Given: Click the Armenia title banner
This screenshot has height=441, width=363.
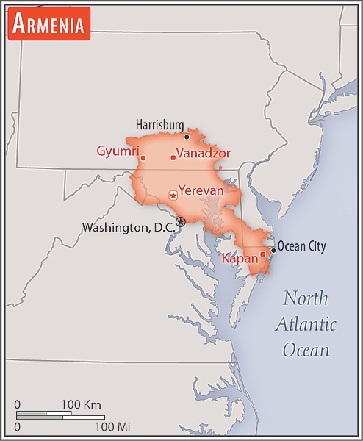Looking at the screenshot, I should point(48,24).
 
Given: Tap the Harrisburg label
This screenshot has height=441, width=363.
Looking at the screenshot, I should point(159,125).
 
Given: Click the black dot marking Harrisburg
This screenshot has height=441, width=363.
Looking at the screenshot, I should point(187,136).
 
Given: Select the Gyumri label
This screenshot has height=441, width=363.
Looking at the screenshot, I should point(118,151).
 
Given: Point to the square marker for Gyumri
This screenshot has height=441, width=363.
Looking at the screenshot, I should point(143,158).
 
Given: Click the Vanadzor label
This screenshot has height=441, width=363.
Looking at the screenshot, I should point(204,154).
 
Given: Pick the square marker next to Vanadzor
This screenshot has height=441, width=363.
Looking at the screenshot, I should point(173,157).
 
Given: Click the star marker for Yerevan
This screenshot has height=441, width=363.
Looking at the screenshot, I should point(173,195).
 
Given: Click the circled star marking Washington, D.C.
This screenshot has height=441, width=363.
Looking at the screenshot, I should point(181,221).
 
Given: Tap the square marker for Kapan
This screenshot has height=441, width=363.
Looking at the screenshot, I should point(262,254).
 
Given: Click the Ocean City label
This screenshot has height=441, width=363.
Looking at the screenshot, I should point(301,247).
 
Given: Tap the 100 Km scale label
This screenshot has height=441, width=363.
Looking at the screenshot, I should point(81,404).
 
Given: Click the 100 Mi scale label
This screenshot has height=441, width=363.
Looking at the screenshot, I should point(112,426).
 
